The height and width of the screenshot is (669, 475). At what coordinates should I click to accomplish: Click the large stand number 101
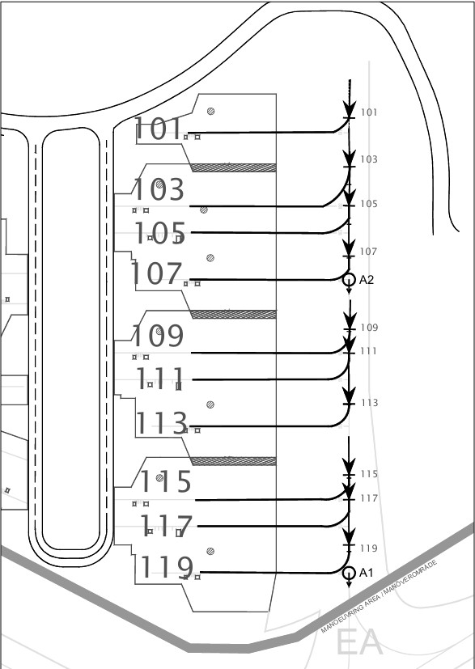pyautogui.click(x=158, y=129)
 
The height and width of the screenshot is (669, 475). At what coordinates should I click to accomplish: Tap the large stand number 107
pyautogui.click(x=156, y=273)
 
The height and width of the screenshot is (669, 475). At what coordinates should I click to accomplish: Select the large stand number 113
pyautogui.click(x=162, y=423)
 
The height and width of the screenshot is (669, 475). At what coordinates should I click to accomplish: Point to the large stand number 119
pyautogui.click(x=167, y=567)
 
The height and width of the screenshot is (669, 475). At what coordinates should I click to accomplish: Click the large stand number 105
pyautogui.click(x=160, y=233)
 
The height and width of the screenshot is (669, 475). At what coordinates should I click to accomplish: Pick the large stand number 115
pyautogui.click(x=165, y=481)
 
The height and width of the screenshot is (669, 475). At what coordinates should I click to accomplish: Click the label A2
pyautogui.click(x=367, y=280)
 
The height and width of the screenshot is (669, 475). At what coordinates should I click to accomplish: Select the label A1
pyautogui.click(x=367, y=573)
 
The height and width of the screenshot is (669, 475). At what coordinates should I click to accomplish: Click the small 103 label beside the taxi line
pyautogui.click(x=369, y=159)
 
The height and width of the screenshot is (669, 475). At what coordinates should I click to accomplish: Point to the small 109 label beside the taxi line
pyautogui.click(x=369, y=328)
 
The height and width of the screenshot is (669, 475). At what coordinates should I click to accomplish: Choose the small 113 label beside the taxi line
pyautogui.click(x=370, y=403)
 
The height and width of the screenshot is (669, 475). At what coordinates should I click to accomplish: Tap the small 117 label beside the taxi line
pyautogui.click(x=369, y=498)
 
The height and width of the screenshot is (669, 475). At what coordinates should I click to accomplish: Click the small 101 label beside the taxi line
pyautogui.click(x=369, y=112)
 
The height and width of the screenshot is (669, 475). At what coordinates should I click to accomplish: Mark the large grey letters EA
pyautogui.click(x=359, y=641)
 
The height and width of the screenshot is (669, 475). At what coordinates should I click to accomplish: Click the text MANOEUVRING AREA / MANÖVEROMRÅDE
pyautogui.click(x=379, y=596)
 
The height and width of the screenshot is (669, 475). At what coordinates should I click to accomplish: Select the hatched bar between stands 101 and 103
pyautogui.click(x=233, y=167)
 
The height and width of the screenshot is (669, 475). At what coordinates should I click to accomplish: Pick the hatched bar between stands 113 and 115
pyautogui.click(x=233, y=461)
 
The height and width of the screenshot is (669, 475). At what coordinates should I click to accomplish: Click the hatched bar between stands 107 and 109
pyautogui.click(x=233, y=315)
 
